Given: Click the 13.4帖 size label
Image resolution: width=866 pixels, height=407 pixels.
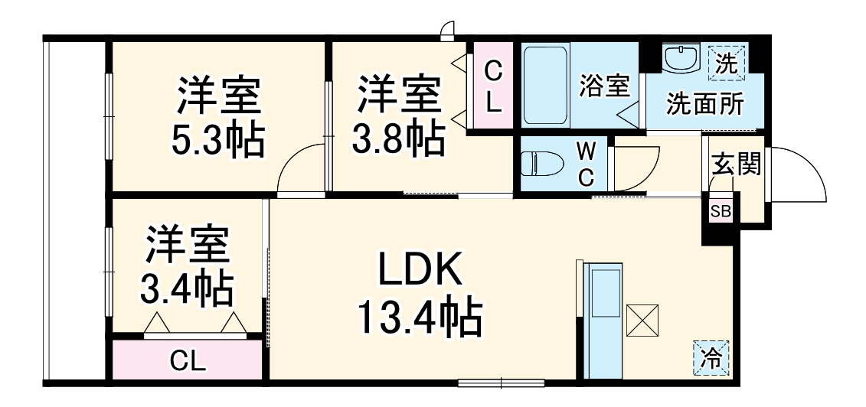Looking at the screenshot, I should point(419,317).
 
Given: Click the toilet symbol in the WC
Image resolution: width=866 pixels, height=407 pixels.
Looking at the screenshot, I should point(541,163).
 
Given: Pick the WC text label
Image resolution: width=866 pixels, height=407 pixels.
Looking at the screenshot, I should point(586,163).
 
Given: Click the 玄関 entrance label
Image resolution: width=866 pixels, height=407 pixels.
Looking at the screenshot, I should point(736,164).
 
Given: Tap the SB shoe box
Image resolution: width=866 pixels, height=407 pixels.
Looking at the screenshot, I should point(721,211).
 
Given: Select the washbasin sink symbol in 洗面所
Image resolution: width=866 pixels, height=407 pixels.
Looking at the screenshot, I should point(680,59).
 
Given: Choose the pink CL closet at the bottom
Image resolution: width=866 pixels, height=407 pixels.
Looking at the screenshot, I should point(188,360).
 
